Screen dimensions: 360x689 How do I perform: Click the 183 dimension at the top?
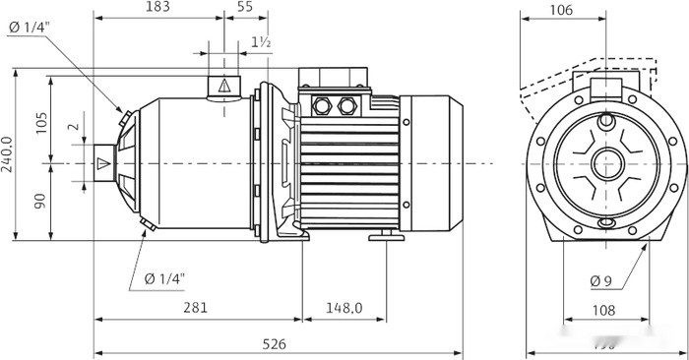[157, 8]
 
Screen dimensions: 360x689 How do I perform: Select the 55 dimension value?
[245, 8]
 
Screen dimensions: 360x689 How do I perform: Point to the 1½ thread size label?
[261, 42]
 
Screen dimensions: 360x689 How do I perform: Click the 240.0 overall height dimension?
[9, 154]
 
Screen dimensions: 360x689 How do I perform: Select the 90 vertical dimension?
[40, 201]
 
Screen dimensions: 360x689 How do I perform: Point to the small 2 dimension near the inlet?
[71, 128]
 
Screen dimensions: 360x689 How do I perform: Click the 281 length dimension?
[196, 309]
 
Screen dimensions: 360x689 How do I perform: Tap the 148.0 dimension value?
[344, 309]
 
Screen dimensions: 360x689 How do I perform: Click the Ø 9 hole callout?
[602, 281]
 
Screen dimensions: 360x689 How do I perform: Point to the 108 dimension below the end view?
[604, 310]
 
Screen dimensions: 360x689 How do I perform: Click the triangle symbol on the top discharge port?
[224, 86]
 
